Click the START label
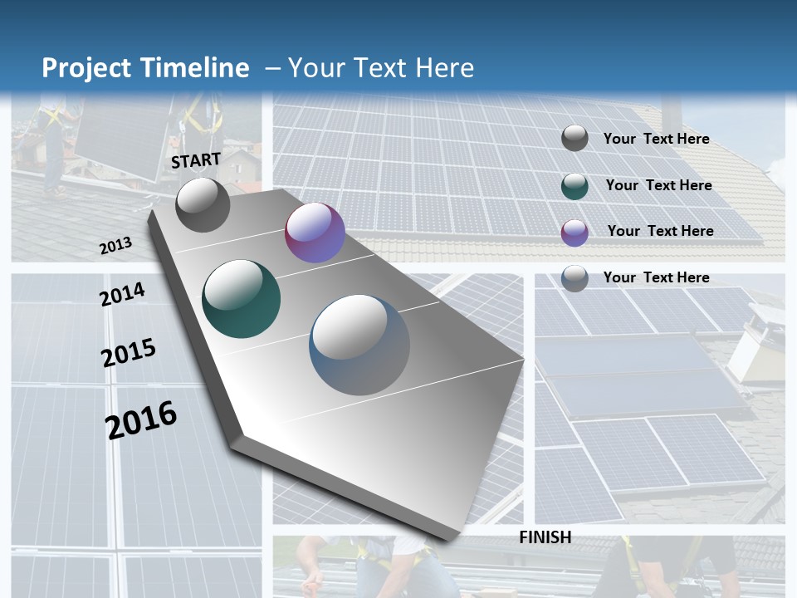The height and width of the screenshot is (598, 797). point(196,160)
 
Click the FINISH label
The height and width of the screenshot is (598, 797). point(545,537)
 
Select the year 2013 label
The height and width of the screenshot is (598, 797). point(116,246)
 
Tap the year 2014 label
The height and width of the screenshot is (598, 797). point(123,294)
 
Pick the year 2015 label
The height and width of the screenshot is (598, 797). point(129,353)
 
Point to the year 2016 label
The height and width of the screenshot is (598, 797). point(141,419)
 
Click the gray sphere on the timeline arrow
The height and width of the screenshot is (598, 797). point(203,204)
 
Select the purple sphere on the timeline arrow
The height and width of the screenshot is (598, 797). point(315,233)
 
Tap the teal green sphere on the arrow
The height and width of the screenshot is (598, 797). point(242,299)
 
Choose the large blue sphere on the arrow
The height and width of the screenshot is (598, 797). point(359,345)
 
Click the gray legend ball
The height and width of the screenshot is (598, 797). point(575,138)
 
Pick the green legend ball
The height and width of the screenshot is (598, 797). point(575,186)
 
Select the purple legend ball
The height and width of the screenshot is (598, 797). point(575,233)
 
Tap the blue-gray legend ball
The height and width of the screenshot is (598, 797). point(575,278)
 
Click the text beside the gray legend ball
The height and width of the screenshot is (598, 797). point(656,139)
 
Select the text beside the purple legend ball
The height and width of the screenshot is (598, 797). point(660,231)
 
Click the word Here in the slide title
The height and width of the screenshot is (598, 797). point(444,68)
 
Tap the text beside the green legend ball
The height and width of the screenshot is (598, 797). point(658,185)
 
